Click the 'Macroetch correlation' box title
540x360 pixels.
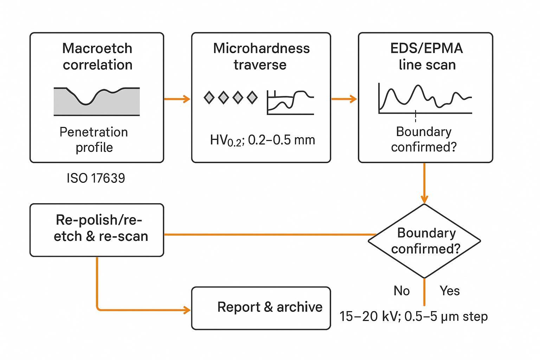[x=97, y=56]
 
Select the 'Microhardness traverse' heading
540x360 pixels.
[x=261, y=56]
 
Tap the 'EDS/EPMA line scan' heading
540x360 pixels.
[x=426, y=56]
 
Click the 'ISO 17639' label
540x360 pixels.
[x=96, y=178]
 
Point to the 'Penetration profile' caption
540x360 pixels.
[x=94, y=140]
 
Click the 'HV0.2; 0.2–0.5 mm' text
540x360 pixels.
[x=262, y=140]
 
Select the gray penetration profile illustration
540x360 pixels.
[x=97, y=102]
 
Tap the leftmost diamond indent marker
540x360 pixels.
[x=209, y=97]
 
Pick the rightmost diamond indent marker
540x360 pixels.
[x=252, y=97]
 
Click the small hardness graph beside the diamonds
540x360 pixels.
[x=290, y=102]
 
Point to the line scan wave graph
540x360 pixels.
[x=425, y=98]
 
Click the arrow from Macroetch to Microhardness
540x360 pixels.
[x=177, y=99]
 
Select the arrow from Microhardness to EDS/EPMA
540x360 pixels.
[x=344, y=99]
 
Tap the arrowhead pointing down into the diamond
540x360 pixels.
[x=424, y=199]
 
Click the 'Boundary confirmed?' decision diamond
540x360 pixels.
[x=424, y=241]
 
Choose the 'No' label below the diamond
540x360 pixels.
[x=401, y=291]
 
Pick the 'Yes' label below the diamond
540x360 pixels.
[x=450, y=291]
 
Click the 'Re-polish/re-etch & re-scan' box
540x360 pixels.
[x=97, y=230]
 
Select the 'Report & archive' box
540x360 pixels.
[x=261, y=308]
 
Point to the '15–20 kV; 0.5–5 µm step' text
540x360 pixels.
[x=413, y=316]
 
